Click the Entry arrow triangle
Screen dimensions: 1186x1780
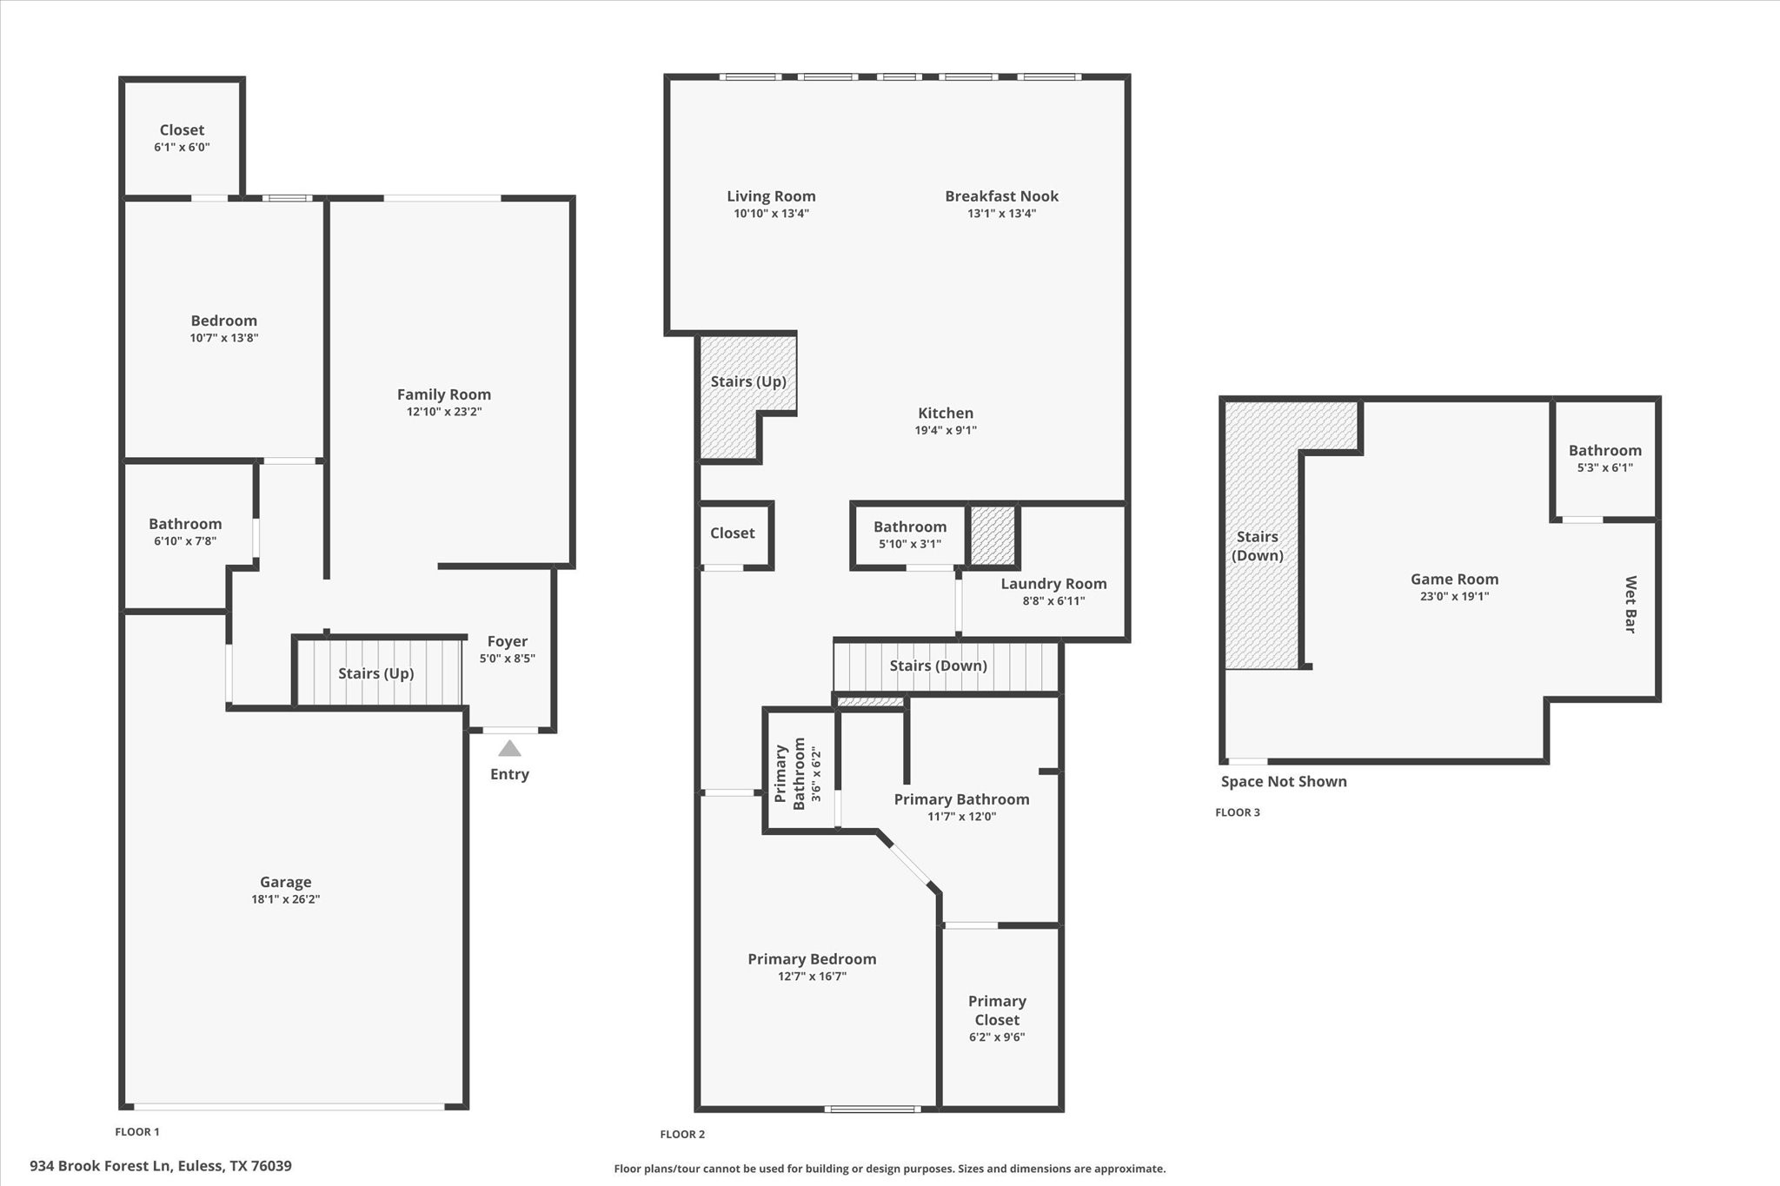click(509, 748)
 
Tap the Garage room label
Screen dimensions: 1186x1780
click(285, 882)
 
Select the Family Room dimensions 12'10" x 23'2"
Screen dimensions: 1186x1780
click(443, 412)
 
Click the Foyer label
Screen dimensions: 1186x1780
click(508, 641)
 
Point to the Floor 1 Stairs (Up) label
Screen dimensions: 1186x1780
click(375, 673)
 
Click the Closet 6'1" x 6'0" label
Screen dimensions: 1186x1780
click(182, 130)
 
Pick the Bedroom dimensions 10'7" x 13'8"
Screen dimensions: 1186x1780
click(224, 338)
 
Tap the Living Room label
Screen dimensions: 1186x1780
click(771, 196)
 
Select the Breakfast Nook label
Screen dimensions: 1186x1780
click(1001, 196)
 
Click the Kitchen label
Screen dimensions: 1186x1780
click(946, 413)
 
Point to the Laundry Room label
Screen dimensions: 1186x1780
click(1053, 584)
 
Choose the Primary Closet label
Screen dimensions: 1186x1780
click(997, 1010)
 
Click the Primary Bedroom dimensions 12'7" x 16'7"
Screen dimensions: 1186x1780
click(812, 977)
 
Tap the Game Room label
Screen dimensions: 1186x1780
click(1454, 579)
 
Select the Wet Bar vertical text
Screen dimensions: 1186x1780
click(1631, 604)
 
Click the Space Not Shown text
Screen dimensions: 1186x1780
click(1284, 781)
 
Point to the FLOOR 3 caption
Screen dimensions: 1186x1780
click(1237, 812)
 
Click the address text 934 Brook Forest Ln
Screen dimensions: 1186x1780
click(161, 1166)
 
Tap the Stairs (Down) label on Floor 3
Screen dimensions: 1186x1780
click(1257, 546)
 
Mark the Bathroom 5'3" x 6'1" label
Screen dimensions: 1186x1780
click(1604, 450)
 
